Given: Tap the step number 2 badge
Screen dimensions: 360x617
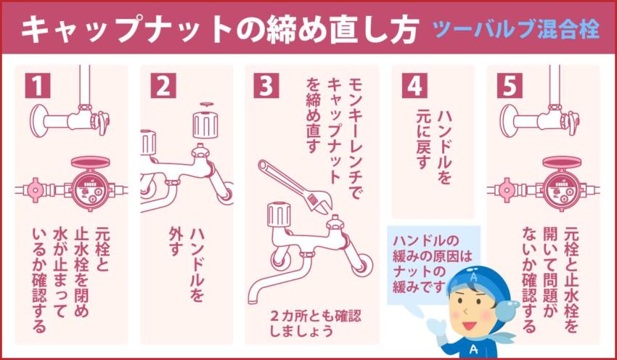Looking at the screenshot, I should (x=163, y=86).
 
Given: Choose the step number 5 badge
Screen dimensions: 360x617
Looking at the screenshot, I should (x=510, y=86).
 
